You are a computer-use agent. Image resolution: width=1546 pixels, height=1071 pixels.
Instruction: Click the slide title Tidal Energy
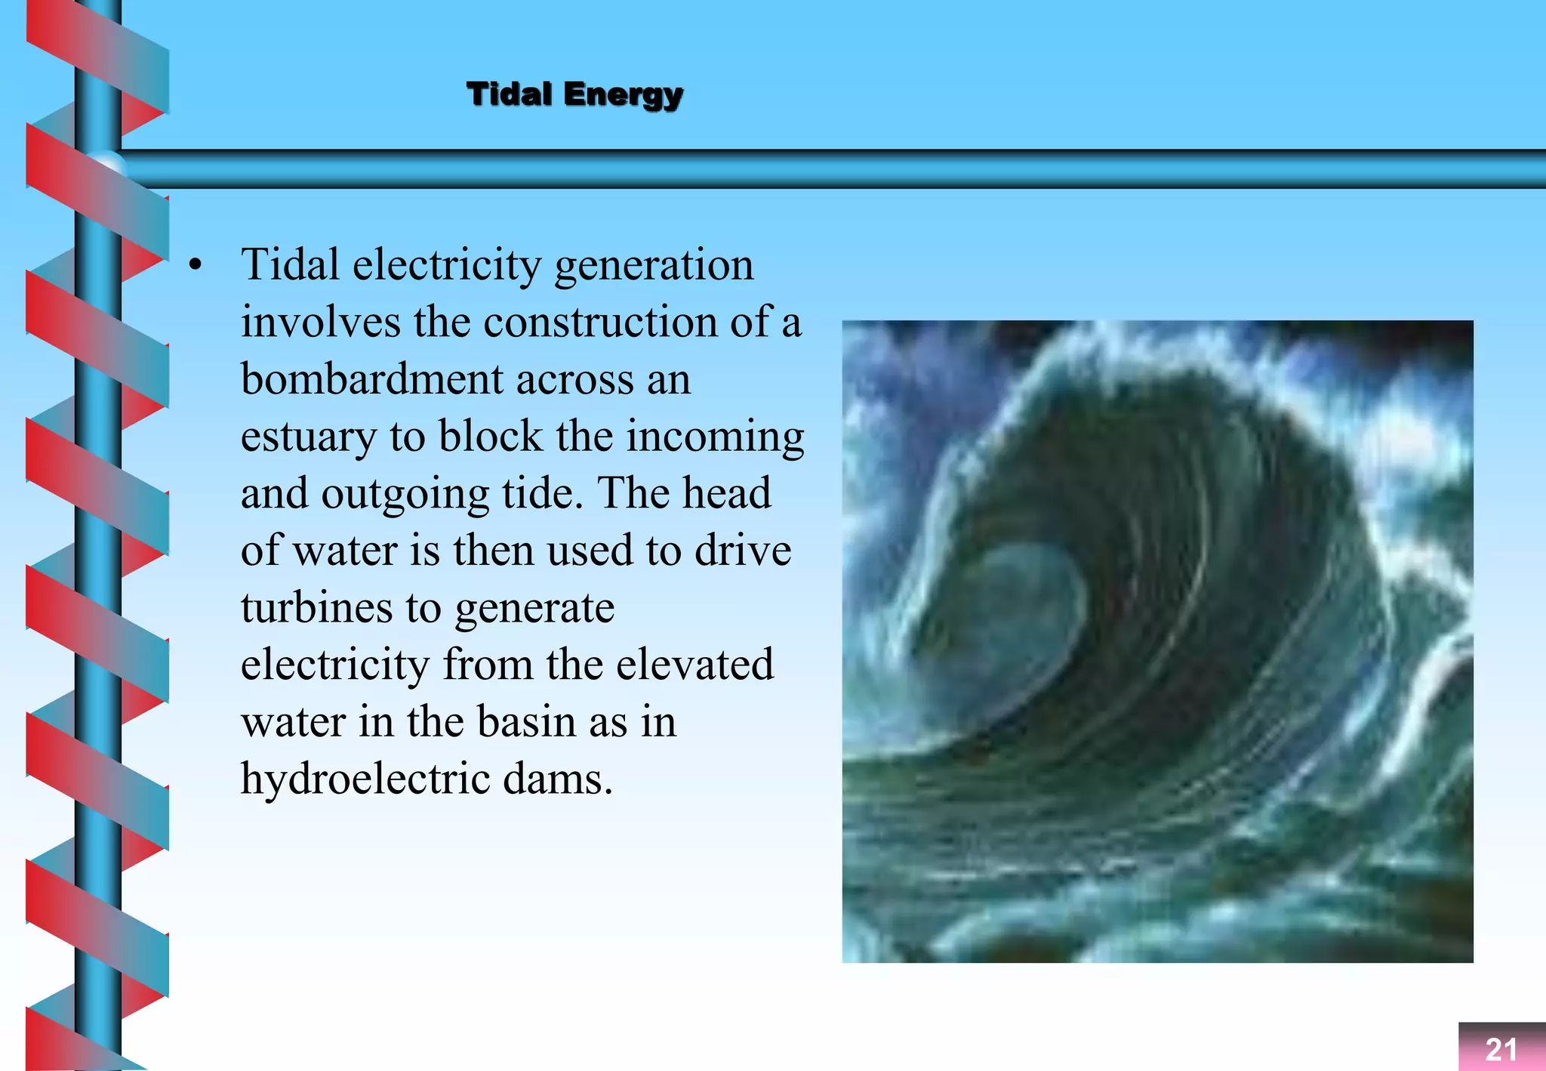pyautogui.click(x=574, y=95)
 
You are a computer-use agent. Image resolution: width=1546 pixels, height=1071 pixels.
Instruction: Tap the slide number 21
pyautogui.click(x=1501, y=1049)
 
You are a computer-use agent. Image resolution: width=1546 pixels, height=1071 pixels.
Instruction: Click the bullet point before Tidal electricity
pyautogui.click(x=196, y=265)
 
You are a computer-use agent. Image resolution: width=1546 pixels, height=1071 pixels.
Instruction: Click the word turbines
pyautogui.click(x=316, y=608)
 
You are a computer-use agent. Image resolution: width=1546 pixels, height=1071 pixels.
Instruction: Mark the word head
pyautogui.click(x=727, y=494)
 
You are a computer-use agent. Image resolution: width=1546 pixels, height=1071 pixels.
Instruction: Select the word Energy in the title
pyautogui.click(x=623, y=96)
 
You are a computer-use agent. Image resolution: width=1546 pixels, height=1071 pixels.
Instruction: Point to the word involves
pyautogui.click(x=321, y=323)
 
